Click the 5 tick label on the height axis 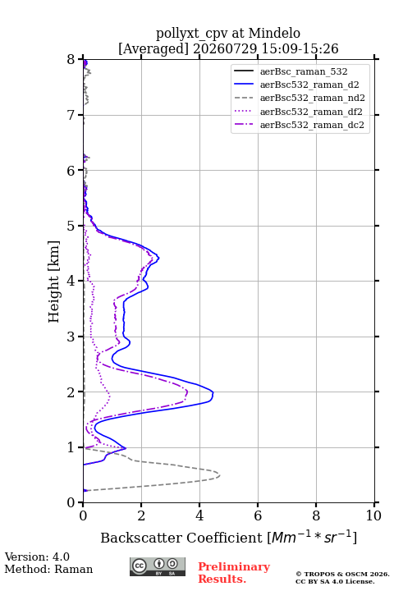(71, 226)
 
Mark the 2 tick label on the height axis (71, 392)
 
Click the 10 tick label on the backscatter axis (373, 515)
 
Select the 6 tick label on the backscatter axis (258, 515)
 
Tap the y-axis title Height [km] (54, 282)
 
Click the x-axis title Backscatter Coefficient (181, 538)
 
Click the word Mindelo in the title (274, 33)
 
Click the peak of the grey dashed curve (219, 475)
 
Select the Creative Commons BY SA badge (158, 566)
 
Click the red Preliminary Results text (234, 573)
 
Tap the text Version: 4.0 (37, 557)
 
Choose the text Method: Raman (48, 569)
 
